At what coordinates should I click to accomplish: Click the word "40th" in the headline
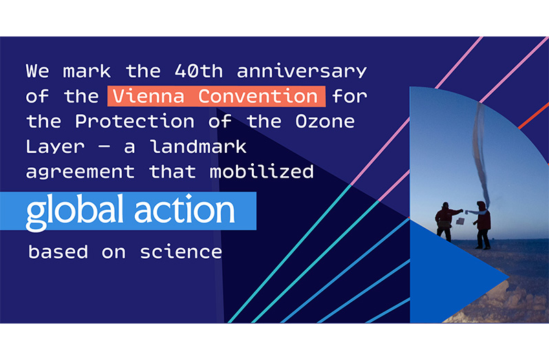(x=199, y=71)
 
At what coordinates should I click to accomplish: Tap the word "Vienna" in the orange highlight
(x=149, y=96)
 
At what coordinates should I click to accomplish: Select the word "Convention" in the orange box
(x=258, y=96)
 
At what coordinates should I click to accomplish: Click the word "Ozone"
(x=325, y=122)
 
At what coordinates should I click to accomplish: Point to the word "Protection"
(x=135, y=122)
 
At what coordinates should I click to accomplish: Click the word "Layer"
(x=55, y=147)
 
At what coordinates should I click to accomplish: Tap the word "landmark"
(x=199, y=147)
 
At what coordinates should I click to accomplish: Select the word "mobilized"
(x=261, y=172)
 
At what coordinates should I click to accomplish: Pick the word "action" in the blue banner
(x=184, y=210)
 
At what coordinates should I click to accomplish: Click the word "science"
(x=181, y=252)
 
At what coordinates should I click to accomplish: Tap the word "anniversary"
(x=302, y=72)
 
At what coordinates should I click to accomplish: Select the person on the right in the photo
(x=481, y=225)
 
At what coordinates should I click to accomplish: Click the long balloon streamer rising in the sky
(x=480, y=154)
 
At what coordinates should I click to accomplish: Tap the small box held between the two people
(x=460, y=221)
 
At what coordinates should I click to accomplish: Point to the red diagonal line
(x=534, y=116)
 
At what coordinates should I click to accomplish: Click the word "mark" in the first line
(x=87, y=71)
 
